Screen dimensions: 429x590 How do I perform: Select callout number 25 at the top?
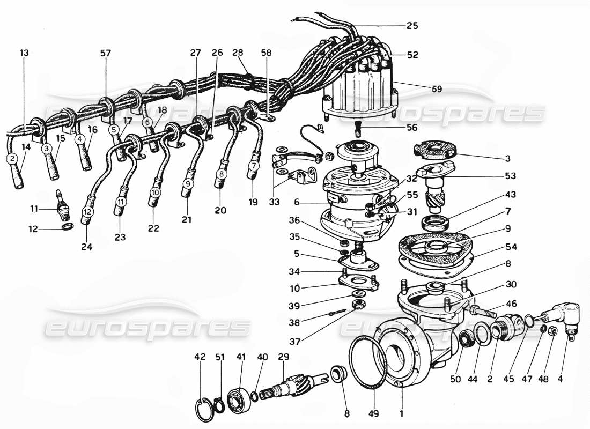coord(412,25)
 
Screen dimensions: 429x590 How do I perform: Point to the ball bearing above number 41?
coord(236,392)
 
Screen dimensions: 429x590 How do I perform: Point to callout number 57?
coord(106,53)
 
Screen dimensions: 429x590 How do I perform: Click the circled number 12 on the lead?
coord(87,212)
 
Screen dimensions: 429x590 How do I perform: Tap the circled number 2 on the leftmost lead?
coord(11,158)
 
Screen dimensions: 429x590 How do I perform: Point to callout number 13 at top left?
coord(25,53)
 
